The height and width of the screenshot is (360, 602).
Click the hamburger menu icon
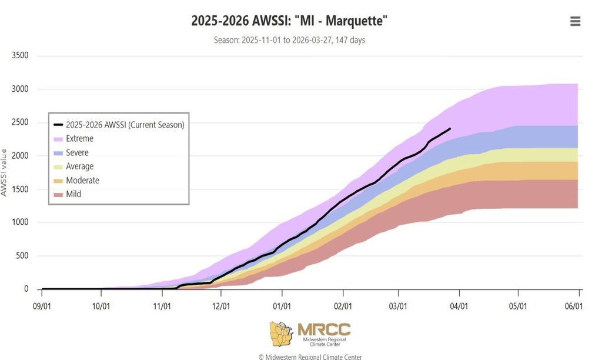click(x=575, y=21)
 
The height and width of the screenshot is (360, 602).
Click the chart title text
click(x=289, y=21)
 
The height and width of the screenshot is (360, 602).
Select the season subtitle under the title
click(x=289, y=41)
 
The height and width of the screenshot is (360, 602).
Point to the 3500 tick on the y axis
click(x=20, y=56)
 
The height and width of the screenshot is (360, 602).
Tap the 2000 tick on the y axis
click(x=20, y=156)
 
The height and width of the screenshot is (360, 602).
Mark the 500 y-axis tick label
click(x=22, y=256)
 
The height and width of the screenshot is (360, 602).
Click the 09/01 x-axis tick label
click(x=42, y=306)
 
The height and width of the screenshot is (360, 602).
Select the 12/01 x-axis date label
click(x=221, y=306)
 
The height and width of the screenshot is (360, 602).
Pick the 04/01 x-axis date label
click(x=459, y=306)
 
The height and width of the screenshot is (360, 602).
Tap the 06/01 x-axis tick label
click(x=574, y=306)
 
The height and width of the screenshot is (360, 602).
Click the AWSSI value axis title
click(x=4, y=172)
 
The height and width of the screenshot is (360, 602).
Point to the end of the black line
click(x=450, y=128)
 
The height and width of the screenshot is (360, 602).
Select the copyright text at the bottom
click(x=310, y=356)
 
